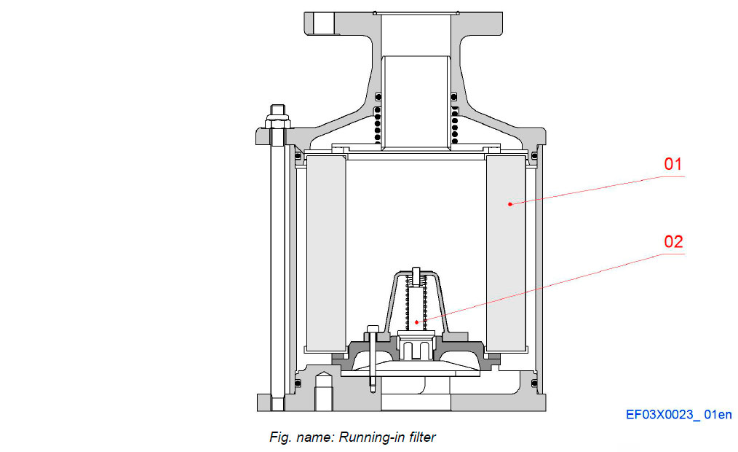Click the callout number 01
[672, 164]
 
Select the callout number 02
[673, 241]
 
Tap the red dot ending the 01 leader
[510, 204]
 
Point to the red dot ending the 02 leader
[417, 322]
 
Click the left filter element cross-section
[326, 252]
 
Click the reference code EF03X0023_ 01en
[678, 415]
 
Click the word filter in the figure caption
[419, 437]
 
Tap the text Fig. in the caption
[280, 437]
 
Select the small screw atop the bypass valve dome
[416, 277]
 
